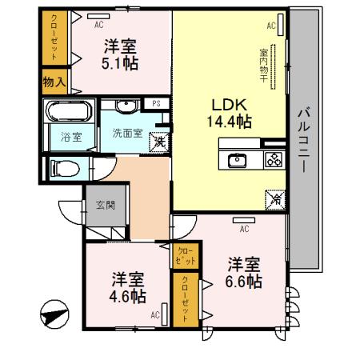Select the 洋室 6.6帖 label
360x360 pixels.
[245, 273]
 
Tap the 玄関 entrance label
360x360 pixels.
[106, 205]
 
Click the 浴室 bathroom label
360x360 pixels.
[71, 137]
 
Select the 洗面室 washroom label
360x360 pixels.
[126, 133]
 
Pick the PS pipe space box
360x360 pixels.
[157, 103]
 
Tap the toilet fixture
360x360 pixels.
[63, 168]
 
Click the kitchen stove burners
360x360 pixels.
[273, 159]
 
